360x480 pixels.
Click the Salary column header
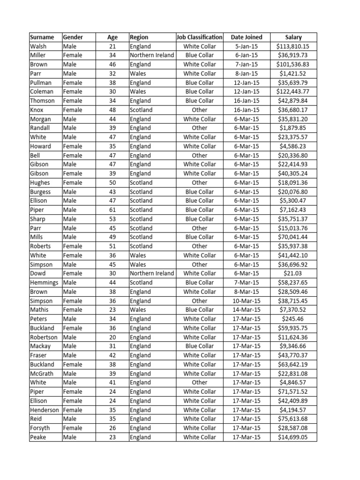[x=293, y=37]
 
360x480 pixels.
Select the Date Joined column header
[x=247, y=37]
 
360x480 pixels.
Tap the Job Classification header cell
[x=199, y=37]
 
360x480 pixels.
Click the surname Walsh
[x=38, y=46]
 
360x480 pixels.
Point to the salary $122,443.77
[x=293, y=92]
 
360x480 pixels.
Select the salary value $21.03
[x=293, y=273]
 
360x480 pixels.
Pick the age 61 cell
[x=112, y=210]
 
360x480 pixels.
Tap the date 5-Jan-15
[x=247, y=46]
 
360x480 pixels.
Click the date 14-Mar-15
[x=247, y=310]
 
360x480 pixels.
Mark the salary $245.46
[x=293, y=319]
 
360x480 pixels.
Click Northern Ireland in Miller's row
[x=151, y=55]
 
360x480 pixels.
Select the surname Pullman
[x=41, y=82]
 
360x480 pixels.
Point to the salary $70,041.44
[x=293, y=237]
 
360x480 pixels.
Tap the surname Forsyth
[x=40, y=428]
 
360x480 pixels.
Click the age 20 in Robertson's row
[x=112, y=337]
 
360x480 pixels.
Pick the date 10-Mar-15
[x=247, y=301]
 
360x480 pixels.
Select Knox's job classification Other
[x=199, y=110]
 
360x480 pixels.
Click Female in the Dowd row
[x=73, y=273]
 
